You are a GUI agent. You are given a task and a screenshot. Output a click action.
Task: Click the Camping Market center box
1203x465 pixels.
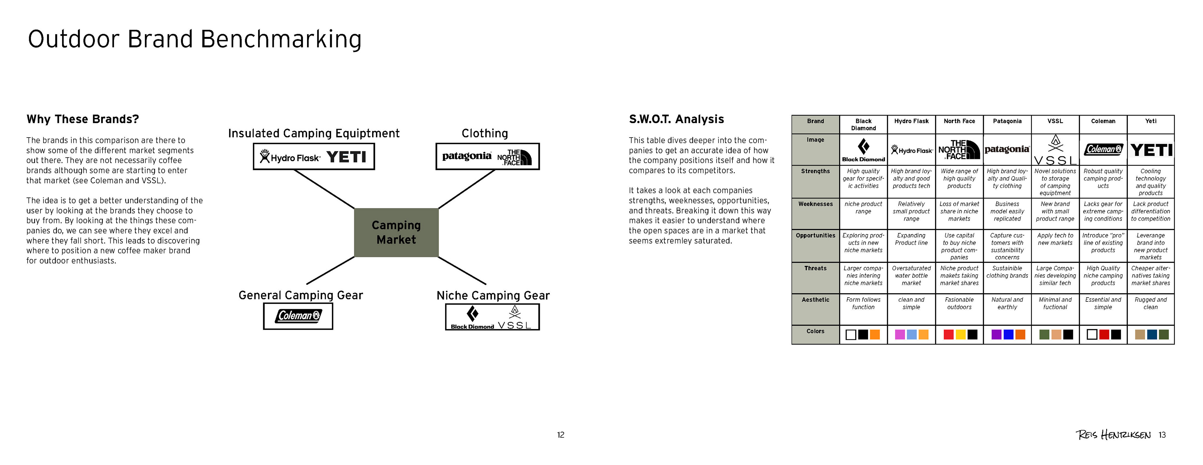point(396,232)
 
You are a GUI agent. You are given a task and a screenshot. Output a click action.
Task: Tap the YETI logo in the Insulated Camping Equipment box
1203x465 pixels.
point(346,157)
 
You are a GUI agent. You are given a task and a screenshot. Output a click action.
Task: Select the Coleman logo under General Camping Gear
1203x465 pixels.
point(298,316)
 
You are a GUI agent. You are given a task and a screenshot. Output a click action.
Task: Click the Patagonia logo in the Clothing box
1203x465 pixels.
point(466,156)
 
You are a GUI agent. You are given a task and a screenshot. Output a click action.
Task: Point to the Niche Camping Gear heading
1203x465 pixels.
point(493,295)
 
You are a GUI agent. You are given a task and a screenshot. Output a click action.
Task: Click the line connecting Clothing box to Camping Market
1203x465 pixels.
point(466,189)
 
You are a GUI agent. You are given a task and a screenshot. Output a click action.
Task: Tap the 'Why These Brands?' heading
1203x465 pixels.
point(83,119)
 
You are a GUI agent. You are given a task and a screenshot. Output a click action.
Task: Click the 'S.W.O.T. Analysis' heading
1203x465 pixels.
point(676,119)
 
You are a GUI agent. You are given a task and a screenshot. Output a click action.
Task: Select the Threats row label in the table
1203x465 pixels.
point(815,269)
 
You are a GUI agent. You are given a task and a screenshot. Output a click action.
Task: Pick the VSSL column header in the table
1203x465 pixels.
point(1055,121)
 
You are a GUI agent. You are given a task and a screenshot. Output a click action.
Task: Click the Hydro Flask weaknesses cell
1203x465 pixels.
point(911,212)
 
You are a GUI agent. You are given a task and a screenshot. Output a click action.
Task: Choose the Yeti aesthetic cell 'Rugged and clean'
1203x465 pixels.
point(1150,303)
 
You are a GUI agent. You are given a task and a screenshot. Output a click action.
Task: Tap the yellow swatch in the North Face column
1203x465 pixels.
point(960,335)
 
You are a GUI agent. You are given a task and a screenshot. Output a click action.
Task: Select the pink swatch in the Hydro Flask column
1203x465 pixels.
point(899,335)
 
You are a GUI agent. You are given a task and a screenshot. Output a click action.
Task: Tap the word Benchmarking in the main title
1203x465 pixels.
point(281,39)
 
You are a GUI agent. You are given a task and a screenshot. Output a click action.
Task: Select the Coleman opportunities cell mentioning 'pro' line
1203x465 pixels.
point(1103,243)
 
